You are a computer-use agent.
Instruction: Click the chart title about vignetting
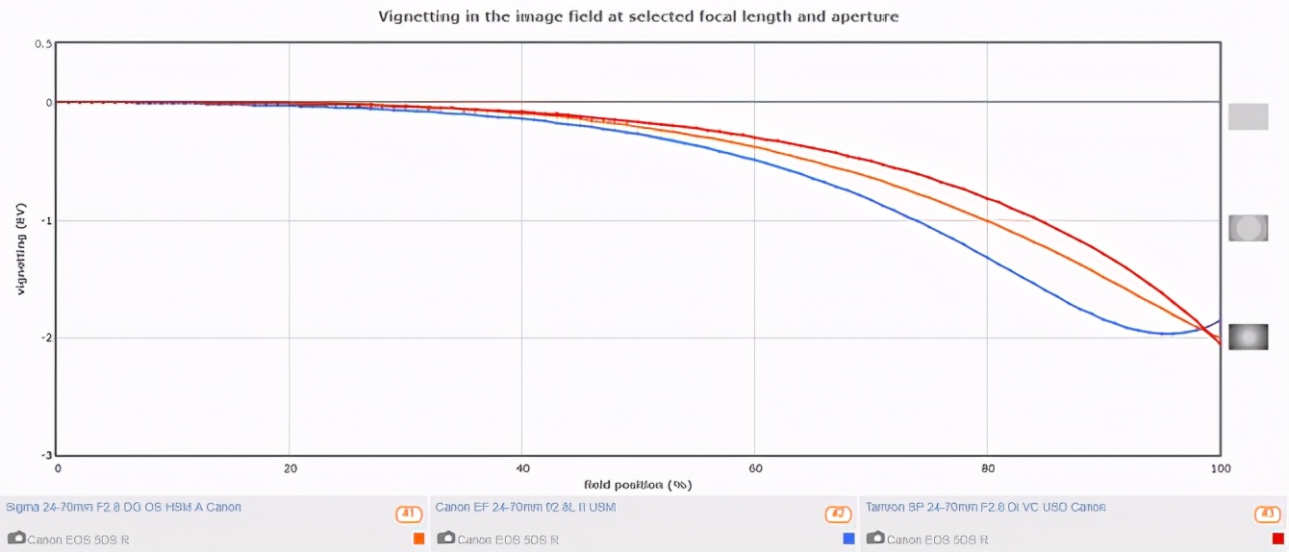[638, 16]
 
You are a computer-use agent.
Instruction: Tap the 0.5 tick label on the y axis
[43, 44]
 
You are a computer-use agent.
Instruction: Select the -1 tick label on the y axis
[45, 220]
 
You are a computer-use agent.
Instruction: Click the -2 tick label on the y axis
[45, 338]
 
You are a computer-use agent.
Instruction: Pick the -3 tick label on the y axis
[45, 455]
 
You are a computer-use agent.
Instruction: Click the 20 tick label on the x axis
[289, 468]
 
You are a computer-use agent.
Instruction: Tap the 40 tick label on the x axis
[521, 468]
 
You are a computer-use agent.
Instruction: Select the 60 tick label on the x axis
[754, 468]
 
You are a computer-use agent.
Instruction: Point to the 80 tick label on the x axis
[987, 468]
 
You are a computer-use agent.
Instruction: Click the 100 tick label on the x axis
[1219, 468]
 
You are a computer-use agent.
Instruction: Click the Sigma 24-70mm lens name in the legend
[124, 507]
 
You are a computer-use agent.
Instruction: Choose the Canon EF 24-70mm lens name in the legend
[525, 507]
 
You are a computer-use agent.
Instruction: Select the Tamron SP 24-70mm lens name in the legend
[985, 507]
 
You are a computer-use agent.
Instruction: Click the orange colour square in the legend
[418, 539]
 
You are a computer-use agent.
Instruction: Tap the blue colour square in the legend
[848, 539]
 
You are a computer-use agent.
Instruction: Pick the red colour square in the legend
[1278, 539]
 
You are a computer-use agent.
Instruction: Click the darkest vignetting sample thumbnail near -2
[1248, 337]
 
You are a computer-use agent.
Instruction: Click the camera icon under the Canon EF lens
[445, 539]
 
